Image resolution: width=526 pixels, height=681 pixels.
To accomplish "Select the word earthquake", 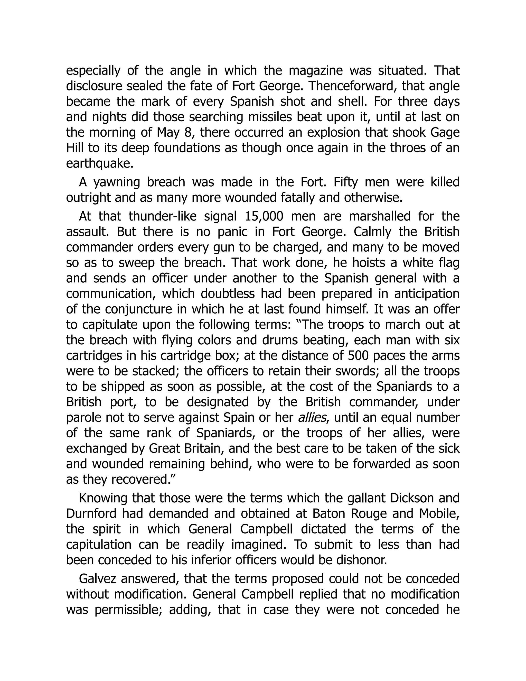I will click(99, 164).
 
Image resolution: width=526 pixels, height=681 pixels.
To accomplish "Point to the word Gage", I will click(445, 133).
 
